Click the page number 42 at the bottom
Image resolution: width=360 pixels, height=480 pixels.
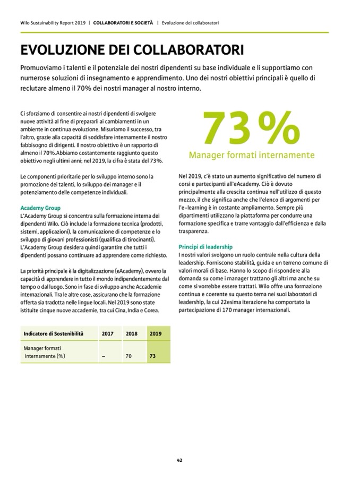click(180, 460)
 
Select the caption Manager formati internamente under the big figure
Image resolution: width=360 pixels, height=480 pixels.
click(252, 156)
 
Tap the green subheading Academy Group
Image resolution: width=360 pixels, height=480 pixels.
click(40, 208)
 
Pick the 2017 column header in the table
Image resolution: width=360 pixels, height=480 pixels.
click(108, 333)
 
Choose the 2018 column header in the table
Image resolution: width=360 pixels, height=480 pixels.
click(131, 333)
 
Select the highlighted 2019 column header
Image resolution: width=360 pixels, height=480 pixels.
click(156, 333)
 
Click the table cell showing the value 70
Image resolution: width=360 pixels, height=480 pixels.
click(128, 356)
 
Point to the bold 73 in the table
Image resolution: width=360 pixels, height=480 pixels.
click(153, 356)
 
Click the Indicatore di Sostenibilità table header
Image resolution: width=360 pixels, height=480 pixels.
click(54, 333)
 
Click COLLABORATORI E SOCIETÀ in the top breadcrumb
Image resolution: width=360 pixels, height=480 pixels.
click(123, 23)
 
